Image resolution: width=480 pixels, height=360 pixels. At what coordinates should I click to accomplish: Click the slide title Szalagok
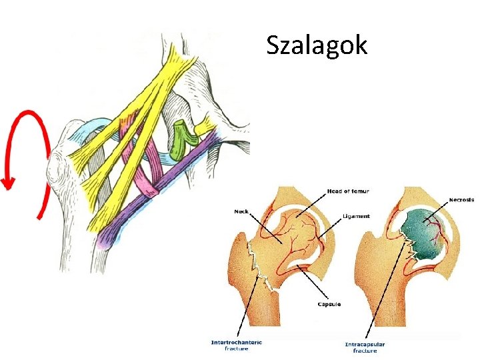pos(317,45)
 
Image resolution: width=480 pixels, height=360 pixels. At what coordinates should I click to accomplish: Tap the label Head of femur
pos(348,191)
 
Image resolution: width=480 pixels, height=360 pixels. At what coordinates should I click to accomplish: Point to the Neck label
pos(241,211)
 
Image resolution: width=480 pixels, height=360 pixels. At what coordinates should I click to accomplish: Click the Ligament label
pos(357,216)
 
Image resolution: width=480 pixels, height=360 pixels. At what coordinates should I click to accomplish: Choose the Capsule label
pos(329,304)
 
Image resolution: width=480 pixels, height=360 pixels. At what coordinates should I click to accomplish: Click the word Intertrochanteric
pos(236,343)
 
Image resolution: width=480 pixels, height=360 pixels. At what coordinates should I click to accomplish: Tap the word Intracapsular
pos(365,345)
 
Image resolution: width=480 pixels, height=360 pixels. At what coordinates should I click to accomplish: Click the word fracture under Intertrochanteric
pos(236,349)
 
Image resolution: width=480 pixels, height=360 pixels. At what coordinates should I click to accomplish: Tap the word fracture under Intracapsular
pos(365,351)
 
